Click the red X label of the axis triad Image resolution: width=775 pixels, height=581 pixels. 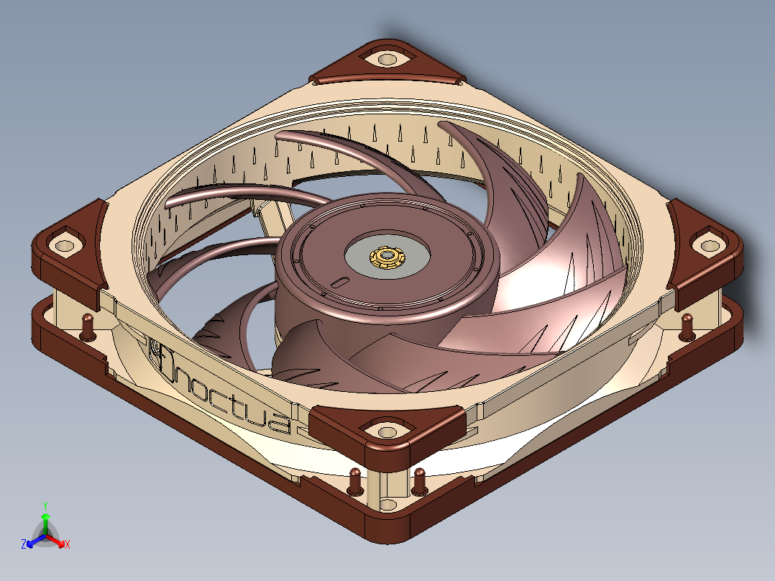(68, 545)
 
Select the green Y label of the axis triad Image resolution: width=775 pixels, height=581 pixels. (45, 505)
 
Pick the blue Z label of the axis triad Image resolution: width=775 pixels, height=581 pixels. (24, 545)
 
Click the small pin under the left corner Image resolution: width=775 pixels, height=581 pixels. (88, 327)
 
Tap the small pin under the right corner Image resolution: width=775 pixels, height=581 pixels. (687, 326)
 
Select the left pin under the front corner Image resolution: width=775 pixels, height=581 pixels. (355, 481)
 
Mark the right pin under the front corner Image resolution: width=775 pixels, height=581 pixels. (419, 481)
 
